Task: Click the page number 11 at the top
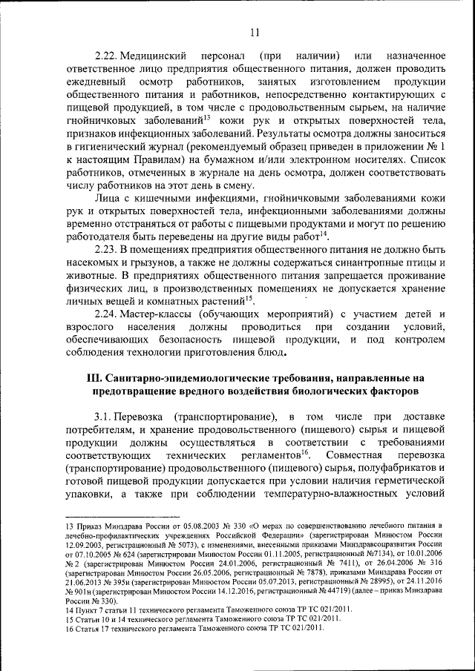pos(255,31)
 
